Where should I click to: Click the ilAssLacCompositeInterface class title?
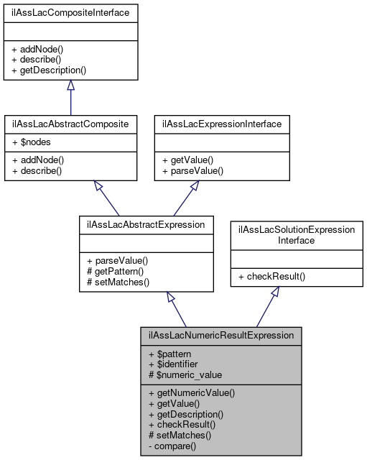point(70,12)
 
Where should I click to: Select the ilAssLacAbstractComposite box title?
point(70,124)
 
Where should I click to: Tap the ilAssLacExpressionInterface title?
point(222,124)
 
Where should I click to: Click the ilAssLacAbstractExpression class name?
point(146,224)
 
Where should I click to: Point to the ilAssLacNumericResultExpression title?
point(221,335)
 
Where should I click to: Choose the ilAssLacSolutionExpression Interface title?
point(297,234)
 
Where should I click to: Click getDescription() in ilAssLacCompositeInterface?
point(48,70)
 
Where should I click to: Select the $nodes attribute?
point(31,142)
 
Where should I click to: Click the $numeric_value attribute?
point(185,374)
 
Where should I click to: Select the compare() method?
point(175,445)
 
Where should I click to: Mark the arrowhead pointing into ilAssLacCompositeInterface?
point(70,86)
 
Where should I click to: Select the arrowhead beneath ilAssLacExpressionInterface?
point(194,187)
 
